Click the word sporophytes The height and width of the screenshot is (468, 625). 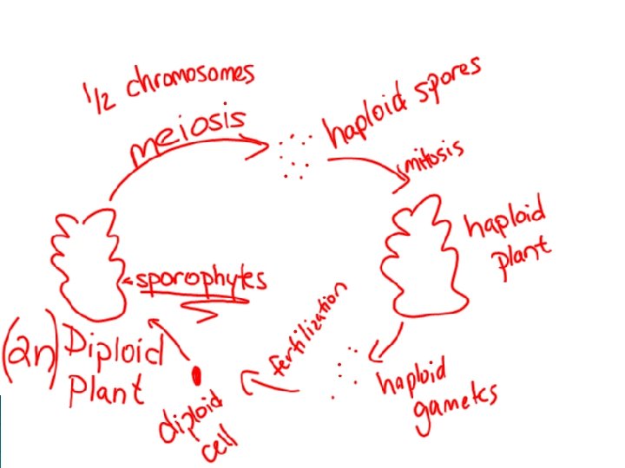[x=200, y=278]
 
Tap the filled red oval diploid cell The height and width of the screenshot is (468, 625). [x=197, y=375]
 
